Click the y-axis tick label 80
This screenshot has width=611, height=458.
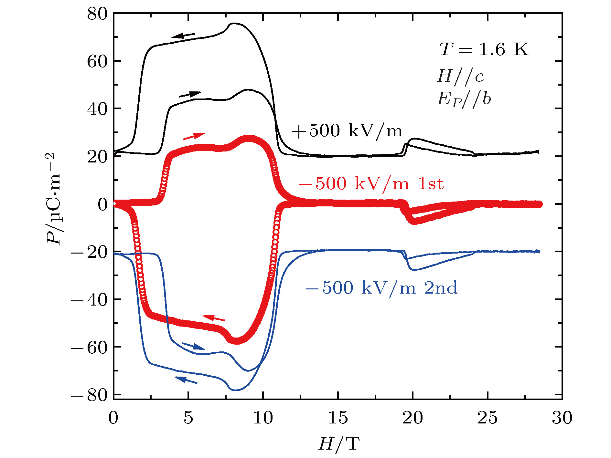tap(97, 14)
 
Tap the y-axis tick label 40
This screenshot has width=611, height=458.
tap(97, 109)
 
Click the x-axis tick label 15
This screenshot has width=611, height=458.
tap(338, 418)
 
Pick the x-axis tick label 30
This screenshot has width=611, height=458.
tap(562, 418)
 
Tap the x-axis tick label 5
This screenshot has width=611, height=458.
tap(188, 418)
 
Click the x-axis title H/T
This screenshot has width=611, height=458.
tap(338, 443)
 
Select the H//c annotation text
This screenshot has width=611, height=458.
tap(460, 77)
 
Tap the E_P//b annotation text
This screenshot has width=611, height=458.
tap(464, 99)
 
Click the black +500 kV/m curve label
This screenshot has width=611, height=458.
tap(347, 131)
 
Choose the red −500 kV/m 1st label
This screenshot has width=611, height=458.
tap(371, 184)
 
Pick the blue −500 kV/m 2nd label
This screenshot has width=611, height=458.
tap(381, 288)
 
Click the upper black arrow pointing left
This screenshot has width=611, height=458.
tap(183, 35)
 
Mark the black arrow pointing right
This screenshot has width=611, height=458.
tap(190, 94)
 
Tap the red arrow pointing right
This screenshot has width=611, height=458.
tap(194, 136)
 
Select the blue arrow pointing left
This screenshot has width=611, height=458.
tap(186, 380)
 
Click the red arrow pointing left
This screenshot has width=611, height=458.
tap(213, 318)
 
